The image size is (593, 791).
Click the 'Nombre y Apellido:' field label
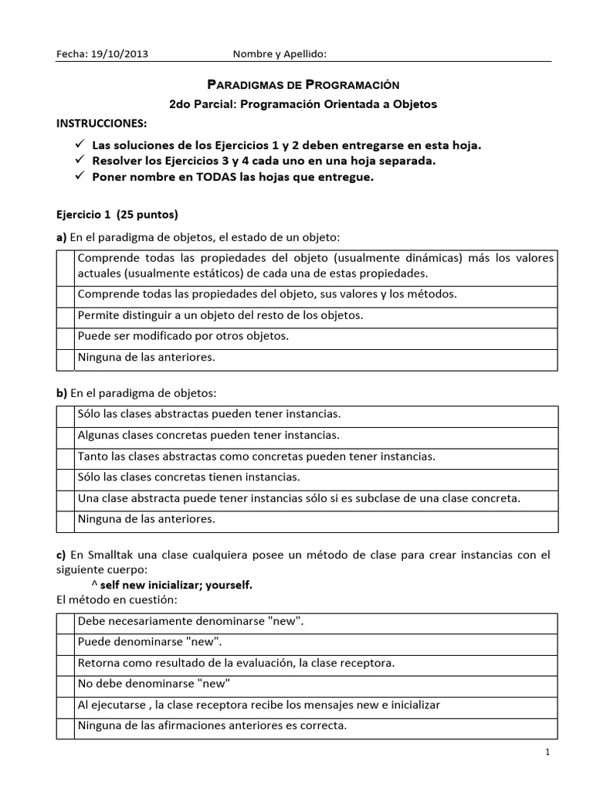pos(280,54)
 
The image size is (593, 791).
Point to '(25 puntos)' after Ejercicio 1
pos(152,214)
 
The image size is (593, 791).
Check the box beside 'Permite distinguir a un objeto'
pos(65,315)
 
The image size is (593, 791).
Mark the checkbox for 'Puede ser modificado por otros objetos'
pos(65,337)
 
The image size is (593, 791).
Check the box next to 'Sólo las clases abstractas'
pos(65,414)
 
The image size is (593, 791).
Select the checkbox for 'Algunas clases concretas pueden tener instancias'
pos(65,435)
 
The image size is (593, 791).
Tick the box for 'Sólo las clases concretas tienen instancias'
pos(65,477)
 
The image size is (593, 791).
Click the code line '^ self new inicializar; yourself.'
pos(177,585)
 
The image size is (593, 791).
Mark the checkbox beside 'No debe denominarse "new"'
pos(65,684)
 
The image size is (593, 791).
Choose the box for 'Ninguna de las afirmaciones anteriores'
pos(65,725)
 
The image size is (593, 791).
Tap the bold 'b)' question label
pos(62,393)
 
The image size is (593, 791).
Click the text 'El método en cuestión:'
pos(106,600)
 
